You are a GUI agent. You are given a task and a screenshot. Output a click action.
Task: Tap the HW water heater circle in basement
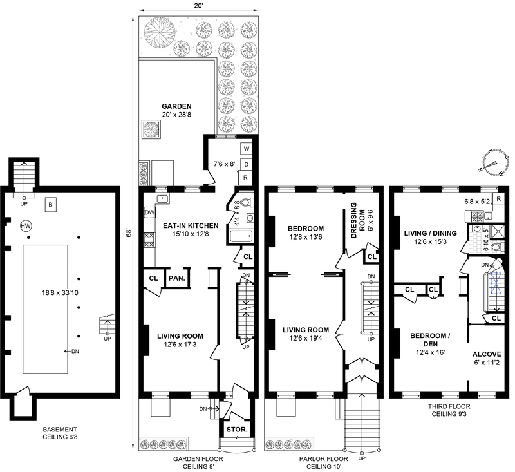pos(26,226)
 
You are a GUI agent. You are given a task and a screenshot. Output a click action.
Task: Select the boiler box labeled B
pos(51,205)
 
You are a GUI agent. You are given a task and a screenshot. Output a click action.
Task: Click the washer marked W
pos(247,149)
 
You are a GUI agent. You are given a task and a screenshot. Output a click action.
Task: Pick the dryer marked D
pos(247,164)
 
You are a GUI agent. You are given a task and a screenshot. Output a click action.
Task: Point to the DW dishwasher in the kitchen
pos(149,212)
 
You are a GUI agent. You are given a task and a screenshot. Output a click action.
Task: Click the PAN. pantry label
pos(176,278)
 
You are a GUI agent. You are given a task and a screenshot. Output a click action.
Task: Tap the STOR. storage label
pos(237,430)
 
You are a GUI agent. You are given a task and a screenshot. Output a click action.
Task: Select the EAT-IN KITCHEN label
pos(191,225)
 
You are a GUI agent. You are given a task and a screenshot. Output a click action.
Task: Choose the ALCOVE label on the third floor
pos(487,354)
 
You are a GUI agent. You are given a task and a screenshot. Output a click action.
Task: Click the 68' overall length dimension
pos(129,233)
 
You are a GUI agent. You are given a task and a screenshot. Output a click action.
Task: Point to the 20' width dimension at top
pos(198,6)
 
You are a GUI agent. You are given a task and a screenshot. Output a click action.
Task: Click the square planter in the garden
pos(151,129)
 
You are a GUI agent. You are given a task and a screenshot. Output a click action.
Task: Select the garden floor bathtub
pos(241,236)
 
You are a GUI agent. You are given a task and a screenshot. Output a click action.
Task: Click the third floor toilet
pos(496,247)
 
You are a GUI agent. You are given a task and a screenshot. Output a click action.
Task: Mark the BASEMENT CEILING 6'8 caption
pos(60,433)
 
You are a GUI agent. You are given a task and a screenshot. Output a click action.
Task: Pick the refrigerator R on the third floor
pos(498,199)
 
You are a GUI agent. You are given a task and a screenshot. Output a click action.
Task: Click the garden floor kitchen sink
pos(162,199)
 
